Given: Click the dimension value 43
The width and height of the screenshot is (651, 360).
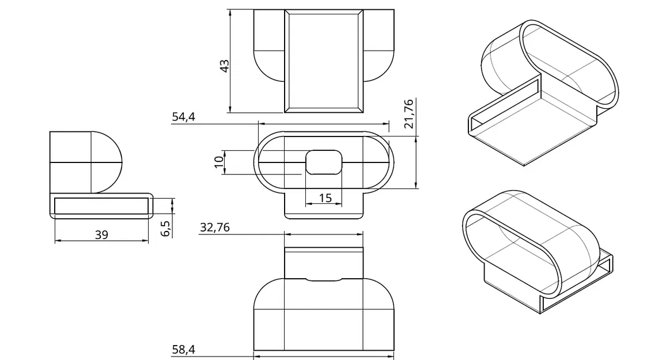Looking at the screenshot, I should click(225, 65).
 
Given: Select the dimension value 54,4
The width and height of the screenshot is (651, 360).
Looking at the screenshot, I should click(183, 117).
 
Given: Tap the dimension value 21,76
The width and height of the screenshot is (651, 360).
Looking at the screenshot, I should click(408, 113).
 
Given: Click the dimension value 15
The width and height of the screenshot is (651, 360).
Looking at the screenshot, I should click(325, 198).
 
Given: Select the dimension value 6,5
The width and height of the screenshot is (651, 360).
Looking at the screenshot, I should click(165, 228).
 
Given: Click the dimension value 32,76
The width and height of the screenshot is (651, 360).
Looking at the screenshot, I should click(214, 228).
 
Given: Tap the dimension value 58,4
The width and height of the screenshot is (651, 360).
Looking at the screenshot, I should click(183, 349).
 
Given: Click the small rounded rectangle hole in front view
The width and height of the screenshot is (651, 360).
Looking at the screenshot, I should click(324, 162).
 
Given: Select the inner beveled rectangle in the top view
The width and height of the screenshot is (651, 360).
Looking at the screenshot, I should click(324, 60).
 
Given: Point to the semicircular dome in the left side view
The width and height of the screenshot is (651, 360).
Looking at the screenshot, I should click(107, 162).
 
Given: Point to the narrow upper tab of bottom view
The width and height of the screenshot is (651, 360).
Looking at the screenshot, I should click(324, 262).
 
